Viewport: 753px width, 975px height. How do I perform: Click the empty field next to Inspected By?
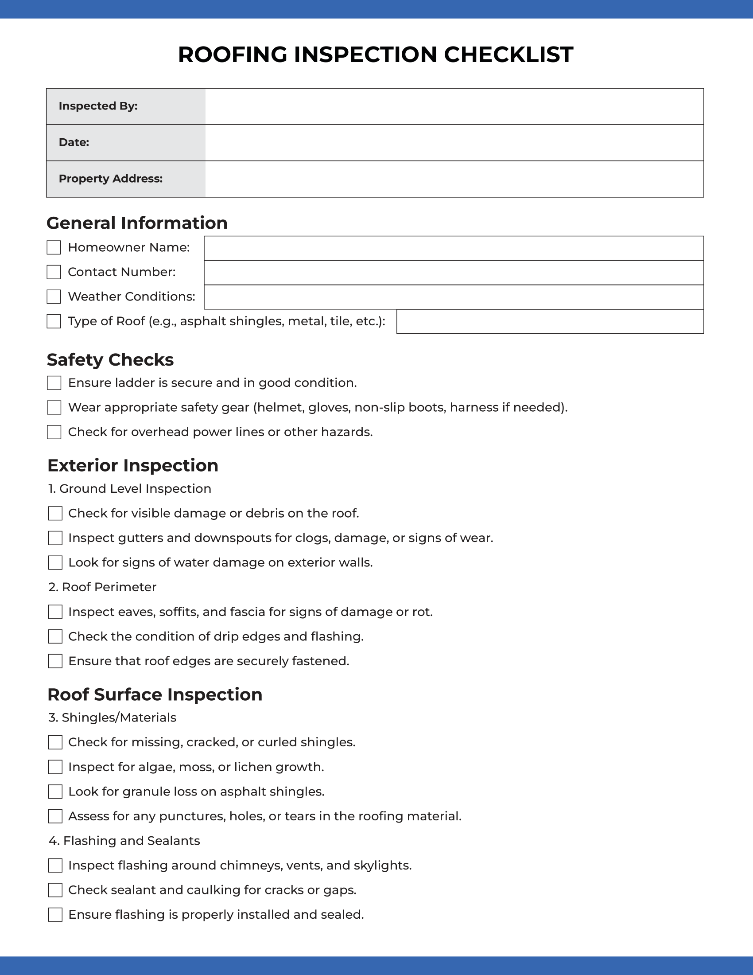(454, 107)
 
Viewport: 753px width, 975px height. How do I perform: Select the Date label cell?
(126, 143)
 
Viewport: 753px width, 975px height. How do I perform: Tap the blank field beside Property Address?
(454, 179)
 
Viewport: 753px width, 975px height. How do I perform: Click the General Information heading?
(137, 223)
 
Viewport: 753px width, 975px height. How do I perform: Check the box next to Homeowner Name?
(54, 248)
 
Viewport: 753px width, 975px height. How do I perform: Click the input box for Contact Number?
(454, 273)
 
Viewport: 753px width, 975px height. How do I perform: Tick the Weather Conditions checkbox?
(54, 297)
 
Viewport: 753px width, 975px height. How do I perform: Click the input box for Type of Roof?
(550, 322)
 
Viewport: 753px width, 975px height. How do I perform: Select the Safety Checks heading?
(110, 360)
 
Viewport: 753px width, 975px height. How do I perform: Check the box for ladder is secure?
(54, 383)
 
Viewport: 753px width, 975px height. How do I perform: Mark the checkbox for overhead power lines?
(54, 432)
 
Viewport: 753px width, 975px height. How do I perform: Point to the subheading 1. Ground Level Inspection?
(130, 489)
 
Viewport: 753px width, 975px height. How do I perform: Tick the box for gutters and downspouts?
(55, 538)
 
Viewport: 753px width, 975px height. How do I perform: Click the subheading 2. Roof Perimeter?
(103, 587)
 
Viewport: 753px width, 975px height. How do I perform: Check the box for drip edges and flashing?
(55, 636)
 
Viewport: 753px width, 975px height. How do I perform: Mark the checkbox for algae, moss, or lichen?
(55, 767)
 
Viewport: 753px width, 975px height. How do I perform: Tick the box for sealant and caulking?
(55, 890)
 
